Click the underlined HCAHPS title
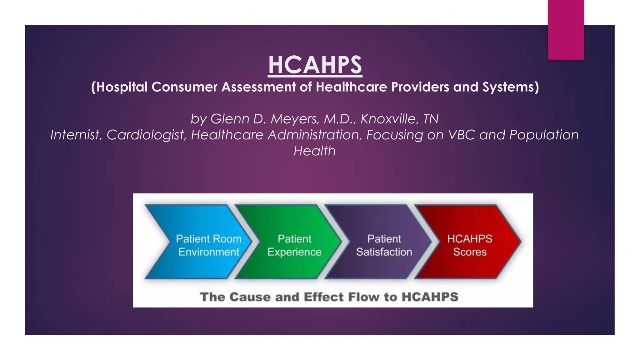pos(315,65)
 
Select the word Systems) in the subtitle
pos(511,87)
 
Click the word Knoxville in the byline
pos(388,119)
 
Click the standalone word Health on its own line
pos(314,151)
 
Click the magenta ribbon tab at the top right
pos(566,30)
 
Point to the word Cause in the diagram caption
pos(250,297)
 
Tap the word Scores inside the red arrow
pos(470,252)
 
